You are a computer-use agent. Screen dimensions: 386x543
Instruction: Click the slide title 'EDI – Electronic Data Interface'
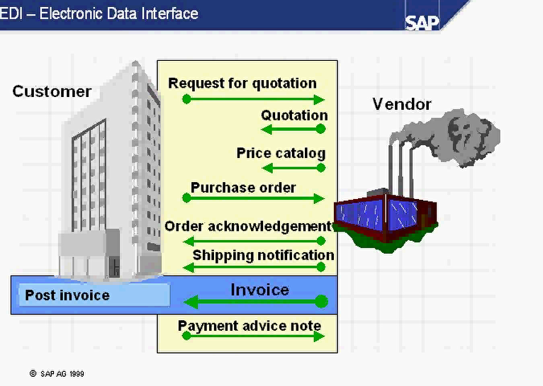tap(99, 13)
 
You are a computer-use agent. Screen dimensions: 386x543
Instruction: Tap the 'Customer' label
tap(52, 91)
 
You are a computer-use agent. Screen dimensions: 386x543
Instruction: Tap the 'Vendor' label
tap(402, 104)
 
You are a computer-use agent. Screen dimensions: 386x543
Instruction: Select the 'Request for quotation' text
tap(242, 84)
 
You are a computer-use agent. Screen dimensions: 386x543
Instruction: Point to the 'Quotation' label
tap(294, 115)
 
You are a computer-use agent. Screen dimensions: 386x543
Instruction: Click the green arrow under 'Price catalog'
tap(293, 168)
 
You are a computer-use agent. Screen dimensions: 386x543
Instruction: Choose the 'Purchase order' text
tap(243, 188)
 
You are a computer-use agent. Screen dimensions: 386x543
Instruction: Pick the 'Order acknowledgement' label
tap(248, 226)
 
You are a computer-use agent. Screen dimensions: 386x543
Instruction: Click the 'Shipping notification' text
tap(263, 255)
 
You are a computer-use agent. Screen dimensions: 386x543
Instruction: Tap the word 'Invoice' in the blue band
tap(259, 290)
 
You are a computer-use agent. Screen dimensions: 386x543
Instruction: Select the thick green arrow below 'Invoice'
tap(255, 302)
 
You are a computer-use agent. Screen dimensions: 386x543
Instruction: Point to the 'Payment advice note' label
tap(250, 326)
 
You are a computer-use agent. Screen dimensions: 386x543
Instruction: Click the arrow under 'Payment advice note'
tap(254, 336)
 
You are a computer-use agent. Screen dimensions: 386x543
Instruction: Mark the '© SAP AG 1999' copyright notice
tap(57, 373)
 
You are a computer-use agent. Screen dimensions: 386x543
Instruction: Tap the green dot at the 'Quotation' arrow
tap(320, 129)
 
